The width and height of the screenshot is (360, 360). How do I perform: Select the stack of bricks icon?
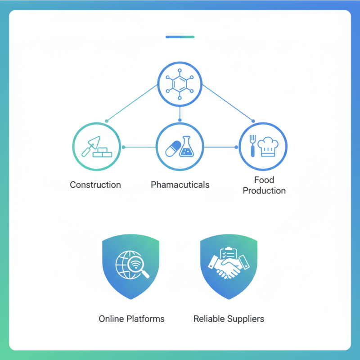tap(103, 152)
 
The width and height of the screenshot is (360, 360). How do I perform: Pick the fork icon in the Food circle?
tap(253, 144)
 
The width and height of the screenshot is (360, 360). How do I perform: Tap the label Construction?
tap(95, 184)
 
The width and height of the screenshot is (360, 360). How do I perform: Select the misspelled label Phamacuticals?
tap(180, 184)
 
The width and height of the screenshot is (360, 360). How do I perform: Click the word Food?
tap(264, 180)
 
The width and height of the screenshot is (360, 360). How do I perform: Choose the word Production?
tap(264, 190)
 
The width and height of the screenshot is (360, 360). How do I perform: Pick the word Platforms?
tap(146, 319)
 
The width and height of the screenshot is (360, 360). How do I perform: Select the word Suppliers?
tap(245, 319)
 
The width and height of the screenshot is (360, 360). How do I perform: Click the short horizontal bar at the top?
tap(180, 37)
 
